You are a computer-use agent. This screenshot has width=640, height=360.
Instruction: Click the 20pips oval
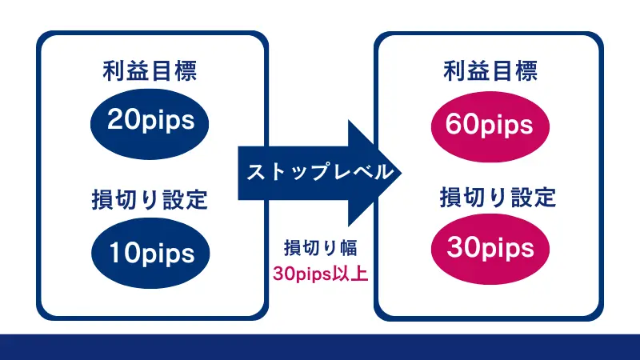[x=150, y=121]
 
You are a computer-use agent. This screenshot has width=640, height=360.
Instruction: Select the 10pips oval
[x=150, y=253]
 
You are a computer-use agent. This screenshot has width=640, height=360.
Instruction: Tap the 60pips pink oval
[x=490, y=125]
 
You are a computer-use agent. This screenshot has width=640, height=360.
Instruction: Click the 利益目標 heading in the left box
[x=150, y=72]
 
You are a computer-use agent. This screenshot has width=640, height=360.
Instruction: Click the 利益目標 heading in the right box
[x=490, y=72]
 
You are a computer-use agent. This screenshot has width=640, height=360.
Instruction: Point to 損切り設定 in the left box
[x=150, y=200]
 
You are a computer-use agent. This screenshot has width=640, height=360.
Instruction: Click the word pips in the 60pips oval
[x=506, y=126]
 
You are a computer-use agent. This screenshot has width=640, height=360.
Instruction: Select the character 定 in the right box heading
[x=543, y=196]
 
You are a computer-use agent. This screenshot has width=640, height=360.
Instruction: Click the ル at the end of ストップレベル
[x=383, y=171]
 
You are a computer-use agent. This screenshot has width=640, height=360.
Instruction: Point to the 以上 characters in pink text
[x=351, y=274]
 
